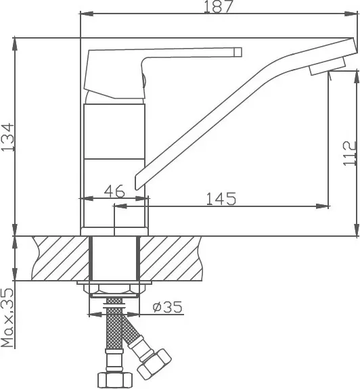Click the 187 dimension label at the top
[219, 7]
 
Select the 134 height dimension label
[8, 137]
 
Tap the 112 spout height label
[350, 153]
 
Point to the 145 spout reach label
[221, 198]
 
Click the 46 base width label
[114, 191]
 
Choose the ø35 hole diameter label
[167, 307]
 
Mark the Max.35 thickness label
[7, 318]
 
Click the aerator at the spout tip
[328, 66]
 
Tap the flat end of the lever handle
[238, 52]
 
